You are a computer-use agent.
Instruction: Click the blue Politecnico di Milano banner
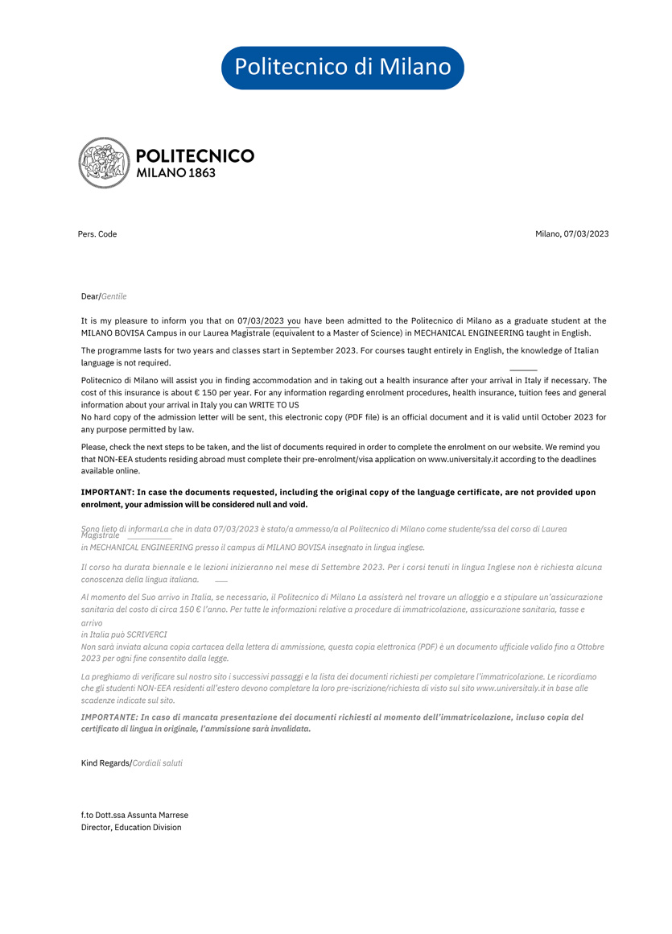(342, 67)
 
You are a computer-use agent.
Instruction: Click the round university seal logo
(104, 163)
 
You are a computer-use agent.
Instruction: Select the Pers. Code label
(97, 234)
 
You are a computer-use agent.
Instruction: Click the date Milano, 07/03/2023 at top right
(571, 234)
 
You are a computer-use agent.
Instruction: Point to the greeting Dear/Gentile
(104, 296)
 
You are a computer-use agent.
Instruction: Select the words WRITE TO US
(274, 405)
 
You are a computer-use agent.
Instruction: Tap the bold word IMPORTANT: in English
(108, 492)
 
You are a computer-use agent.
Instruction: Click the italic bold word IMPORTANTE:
(109, 717)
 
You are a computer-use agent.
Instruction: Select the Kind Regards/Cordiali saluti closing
(132, 762)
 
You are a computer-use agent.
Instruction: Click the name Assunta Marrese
(158, 815)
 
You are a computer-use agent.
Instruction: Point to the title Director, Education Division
(131, 827)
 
